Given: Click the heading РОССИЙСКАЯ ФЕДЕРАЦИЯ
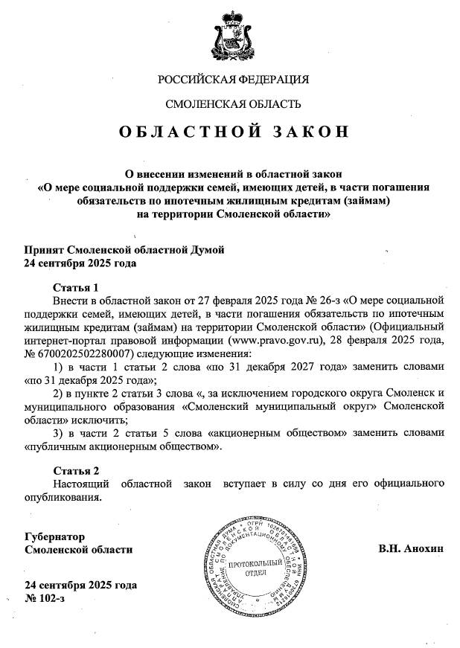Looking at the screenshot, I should [x=233, y=79].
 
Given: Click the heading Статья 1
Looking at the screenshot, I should [x=76, y=287].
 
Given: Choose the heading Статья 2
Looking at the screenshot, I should [x=76, y=471].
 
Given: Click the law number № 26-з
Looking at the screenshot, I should [x=298, y=300].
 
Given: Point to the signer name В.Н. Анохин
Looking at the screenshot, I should [x=409, y=549].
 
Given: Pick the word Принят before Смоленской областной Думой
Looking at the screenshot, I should [x=44, y=249].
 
